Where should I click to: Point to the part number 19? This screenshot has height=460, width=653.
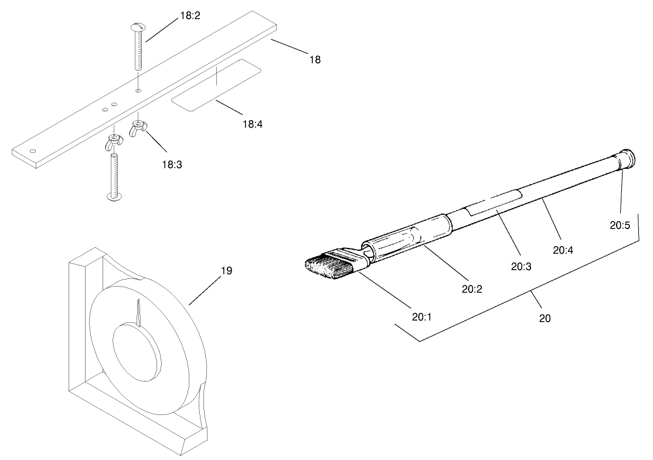[227, 271]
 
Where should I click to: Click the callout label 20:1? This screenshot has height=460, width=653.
[421, 317]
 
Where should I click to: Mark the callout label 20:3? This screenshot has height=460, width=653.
[520, 266]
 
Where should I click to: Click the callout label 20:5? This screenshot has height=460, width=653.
[619, 224]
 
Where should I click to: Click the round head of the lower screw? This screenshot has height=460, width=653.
[115, 195]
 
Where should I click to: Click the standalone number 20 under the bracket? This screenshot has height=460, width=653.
[545, 319]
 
